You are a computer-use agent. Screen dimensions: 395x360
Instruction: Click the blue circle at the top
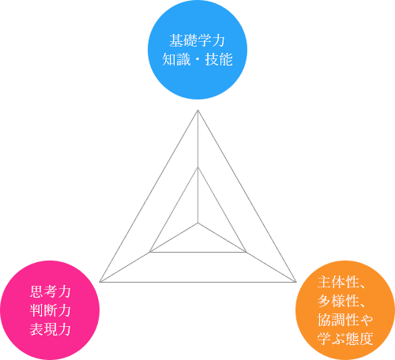[197, 50]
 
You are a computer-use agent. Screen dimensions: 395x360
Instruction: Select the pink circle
[50, 310]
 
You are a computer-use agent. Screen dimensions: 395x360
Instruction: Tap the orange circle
[345, 310]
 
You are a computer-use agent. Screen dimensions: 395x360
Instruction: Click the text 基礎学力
[197, 40]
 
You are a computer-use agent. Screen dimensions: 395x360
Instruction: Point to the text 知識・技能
[197, 59]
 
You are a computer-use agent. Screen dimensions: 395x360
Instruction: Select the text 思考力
[50, 291]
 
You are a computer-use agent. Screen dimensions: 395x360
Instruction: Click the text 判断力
[50, 310]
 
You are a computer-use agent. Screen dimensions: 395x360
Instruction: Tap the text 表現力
[50, 329]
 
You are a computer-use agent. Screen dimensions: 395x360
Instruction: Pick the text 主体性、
[341, 282]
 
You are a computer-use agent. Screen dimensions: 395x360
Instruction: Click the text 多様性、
[341, 301]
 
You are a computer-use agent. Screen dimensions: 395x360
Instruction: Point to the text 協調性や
[345, 320]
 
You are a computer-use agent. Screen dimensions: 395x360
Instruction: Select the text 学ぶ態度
[345, 339]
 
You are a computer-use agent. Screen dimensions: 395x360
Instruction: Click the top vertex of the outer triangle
[197, 111]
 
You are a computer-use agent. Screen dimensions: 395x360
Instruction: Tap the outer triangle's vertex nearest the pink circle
[100, 282]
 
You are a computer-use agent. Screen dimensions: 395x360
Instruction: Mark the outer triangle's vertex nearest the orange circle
[296, 282]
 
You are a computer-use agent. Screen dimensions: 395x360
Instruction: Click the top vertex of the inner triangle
[197, 167]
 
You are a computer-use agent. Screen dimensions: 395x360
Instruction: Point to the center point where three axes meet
[197, 223]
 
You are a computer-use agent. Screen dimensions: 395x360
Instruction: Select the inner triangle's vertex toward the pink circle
[149, 252]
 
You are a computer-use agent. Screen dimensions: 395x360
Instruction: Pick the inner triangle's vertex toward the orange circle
[246, 252]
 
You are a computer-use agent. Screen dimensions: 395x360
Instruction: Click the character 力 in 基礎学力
[219, 40]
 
